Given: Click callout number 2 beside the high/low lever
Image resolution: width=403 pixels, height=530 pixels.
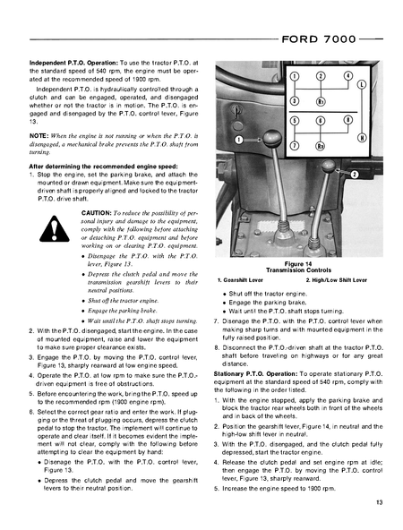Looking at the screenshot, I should point(355,173).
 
